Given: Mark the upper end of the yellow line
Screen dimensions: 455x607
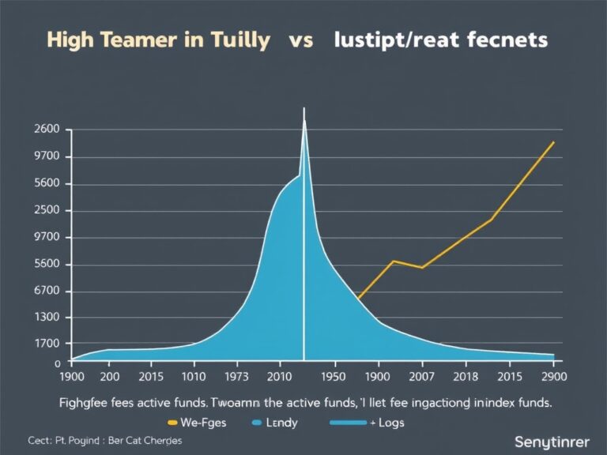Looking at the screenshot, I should pyautogui.click(x=553, y=143).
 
